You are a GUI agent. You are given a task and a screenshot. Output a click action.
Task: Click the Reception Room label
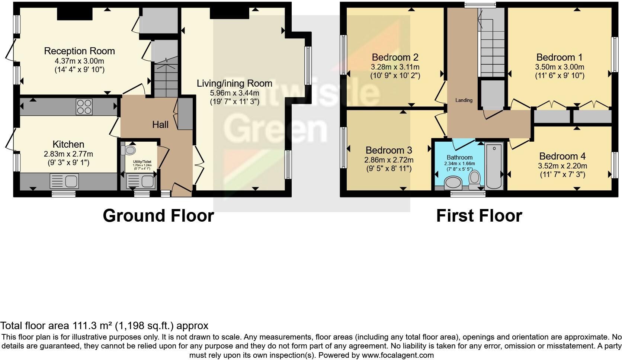point(79,51)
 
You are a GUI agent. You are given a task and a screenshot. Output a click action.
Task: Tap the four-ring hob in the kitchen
point(84,106)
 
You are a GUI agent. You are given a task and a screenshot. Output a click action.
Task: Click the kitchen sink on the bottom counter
point(64,181)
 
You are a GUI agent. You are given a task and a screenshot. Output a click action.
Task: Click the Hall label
point(160,125)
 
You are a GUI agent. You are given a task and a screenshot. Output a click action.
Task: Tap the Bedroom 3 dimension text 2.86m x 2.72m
point(389,160)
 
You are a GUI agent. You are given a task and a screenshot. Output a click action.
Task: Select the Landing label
point(464,100)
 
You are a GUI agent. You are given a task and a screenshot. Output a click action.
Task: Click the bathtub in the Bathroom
point(494,166)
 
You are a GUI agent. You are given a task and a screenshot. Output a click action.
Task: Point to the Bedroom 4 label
point(562,156)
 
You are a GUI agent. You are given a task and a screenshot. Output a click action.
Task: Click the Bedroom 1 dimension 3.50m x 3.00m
point(560,67)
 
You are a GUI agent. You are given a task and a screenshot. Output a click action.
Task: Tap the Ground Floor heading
point(158,216)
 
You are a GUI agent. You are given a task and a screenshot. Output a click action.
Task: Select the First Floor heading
point(479,216)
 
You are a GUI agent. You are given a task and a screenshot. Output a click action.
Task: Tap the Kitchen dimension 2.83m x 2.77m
point(68,154)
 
